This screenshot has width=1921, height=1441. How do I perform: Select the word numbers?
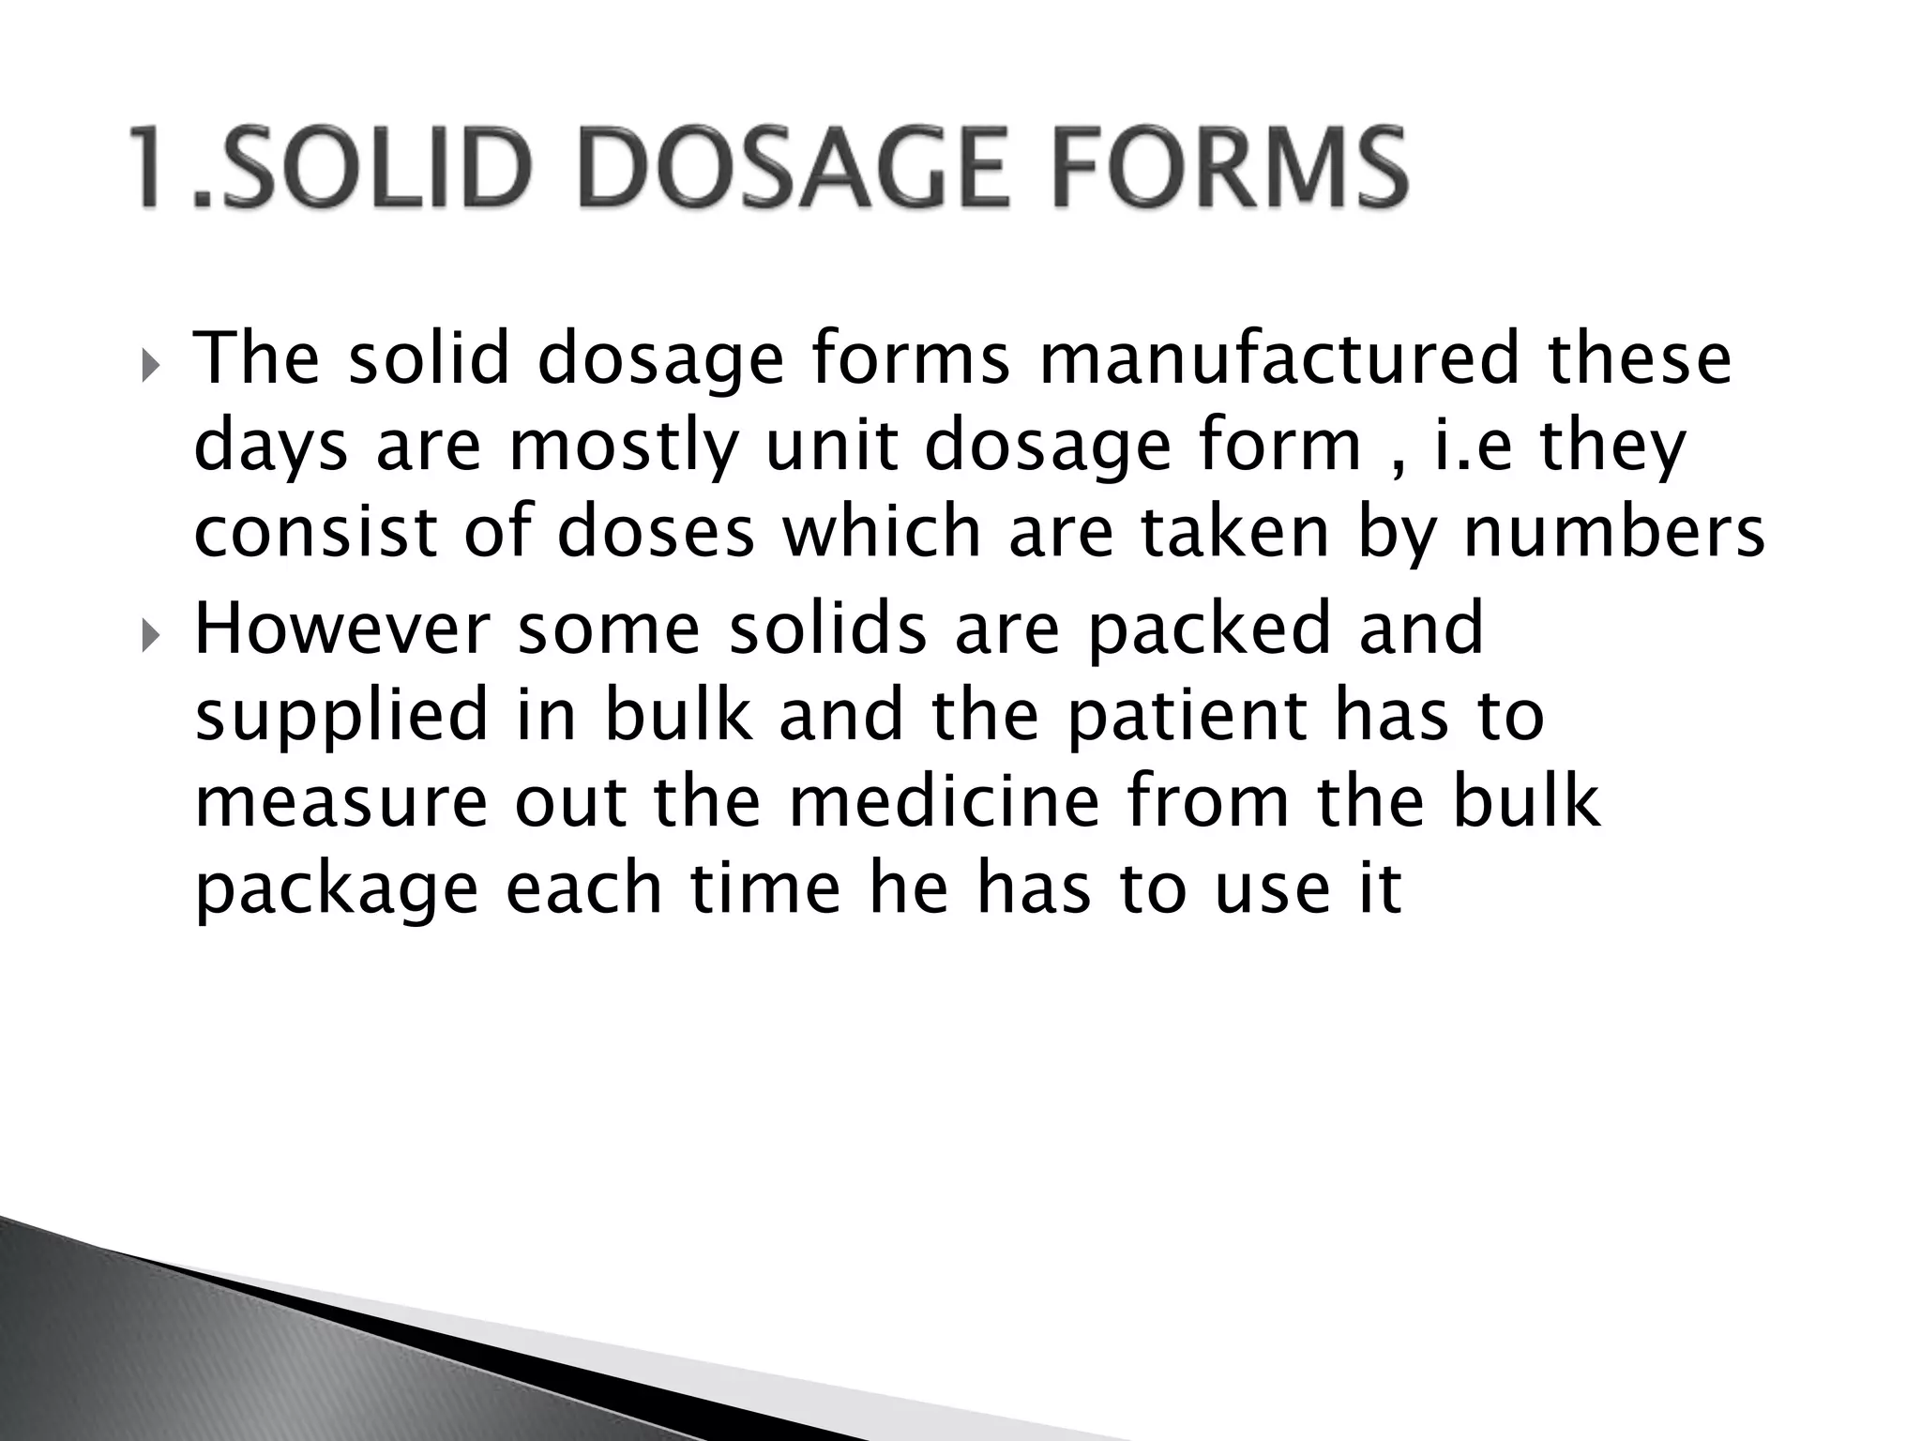pos(1613,531)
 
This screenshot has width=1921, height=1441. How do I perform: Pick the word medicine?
pos(943,801)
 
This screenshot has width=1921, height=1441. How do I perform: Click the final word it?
pos(1380,887)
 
